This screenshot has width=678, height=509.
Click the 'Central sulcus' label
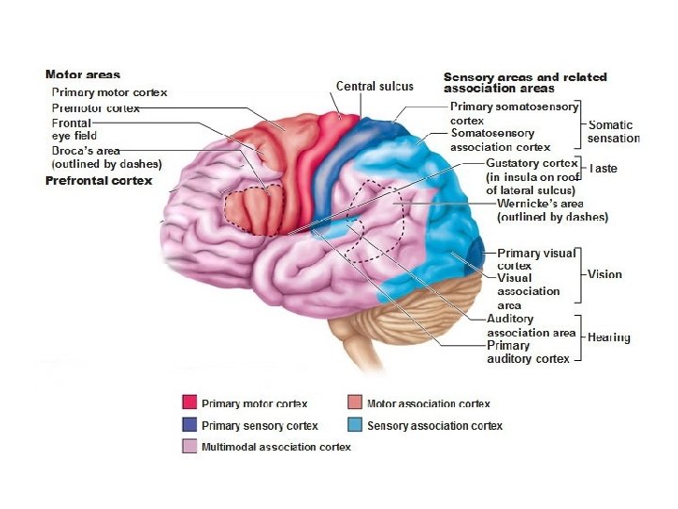(375, 86)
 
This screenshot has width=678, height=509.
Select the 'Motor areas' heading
(83, 74)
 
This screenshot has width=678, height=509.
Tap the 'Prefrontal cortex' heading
(99, 180)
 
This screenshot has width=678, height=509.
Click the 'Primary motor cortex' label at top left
(109, 92)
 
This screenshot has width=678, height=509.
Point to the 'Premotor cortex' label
(95, 108)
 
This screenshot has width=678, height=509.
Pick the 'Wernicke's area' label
(553, 204)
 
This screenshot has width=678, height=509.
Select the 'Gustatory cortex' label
(532, 163)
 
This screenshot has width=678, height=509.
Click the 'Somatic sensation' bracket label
(613, 131)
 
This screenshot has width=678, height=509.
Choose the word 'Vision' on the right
(605, 274)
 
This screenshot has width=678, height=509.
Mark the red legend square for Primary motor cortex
(189, 403)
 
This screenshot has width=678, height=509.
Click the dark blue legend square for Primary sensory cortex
(189, 425)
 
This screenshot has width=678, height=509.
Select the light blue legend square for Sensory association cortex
(354, 425)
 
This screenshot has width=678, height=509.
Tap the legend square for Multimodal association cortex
(189, 446)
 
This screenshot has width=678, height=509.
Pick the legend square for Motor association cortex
(354, 403)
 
